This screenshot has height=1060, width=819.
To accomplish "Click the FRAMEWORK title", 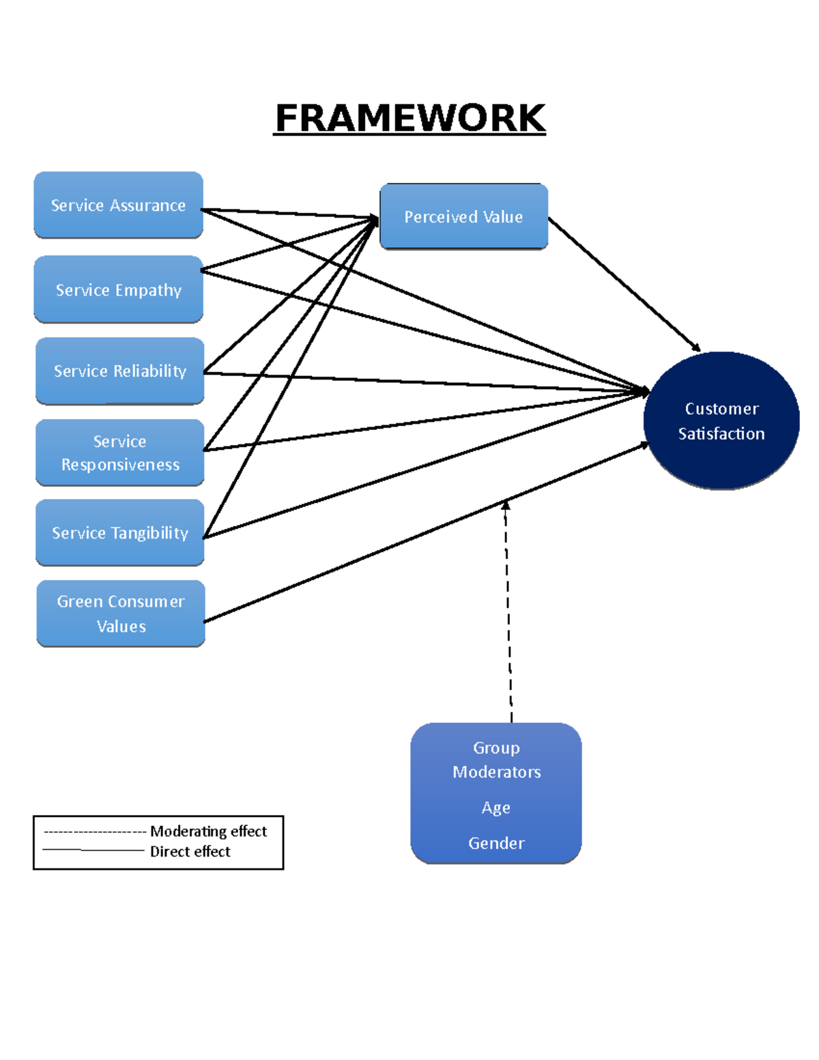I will (x=410, y=118).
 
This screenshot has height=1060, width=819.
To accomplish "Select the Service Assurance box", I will (x=118, y=205).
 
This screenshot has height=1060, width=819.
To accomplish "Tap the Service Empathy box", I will (x=118, y=290).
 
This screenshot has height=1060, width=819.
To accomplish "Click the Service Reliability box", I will (x=119, y=371).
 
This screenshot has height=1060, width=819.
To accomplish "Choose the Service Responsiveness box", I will (x=119, y=453).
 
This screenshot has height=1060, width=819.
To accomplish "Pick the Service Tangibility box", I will (x=119, y=533).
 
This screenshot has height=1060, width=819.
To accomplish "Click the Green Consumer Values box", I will (x=121, y=614).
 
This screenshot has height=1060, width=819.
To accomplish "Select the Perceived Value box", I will (x=463, y=217).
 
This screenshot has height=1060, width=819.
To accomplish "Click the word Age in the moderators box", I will (x=495, y=808).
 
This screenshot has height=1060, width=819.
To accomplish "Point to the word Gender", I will (x=496, y=844).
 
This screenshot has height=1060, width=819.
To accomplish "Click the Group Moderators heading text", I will (x=496, y=760).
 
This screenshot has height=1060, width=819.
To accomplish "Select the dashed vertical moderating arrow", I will (x=508, y=614).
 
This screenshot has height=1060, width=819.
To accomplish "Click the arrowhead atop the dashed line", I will (x=506, y=505).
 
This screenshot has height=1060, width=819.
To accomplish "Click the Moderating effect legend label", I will (x=208, y=831).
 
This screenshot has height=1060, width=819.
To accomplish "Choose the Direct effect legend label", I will (x=190, y=852).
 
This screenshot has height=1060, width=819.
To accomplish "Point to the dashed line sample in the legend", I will (x=94, y=832).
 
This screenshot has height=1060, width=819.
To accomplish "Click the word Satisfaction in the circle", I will (x=721, y=434).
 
